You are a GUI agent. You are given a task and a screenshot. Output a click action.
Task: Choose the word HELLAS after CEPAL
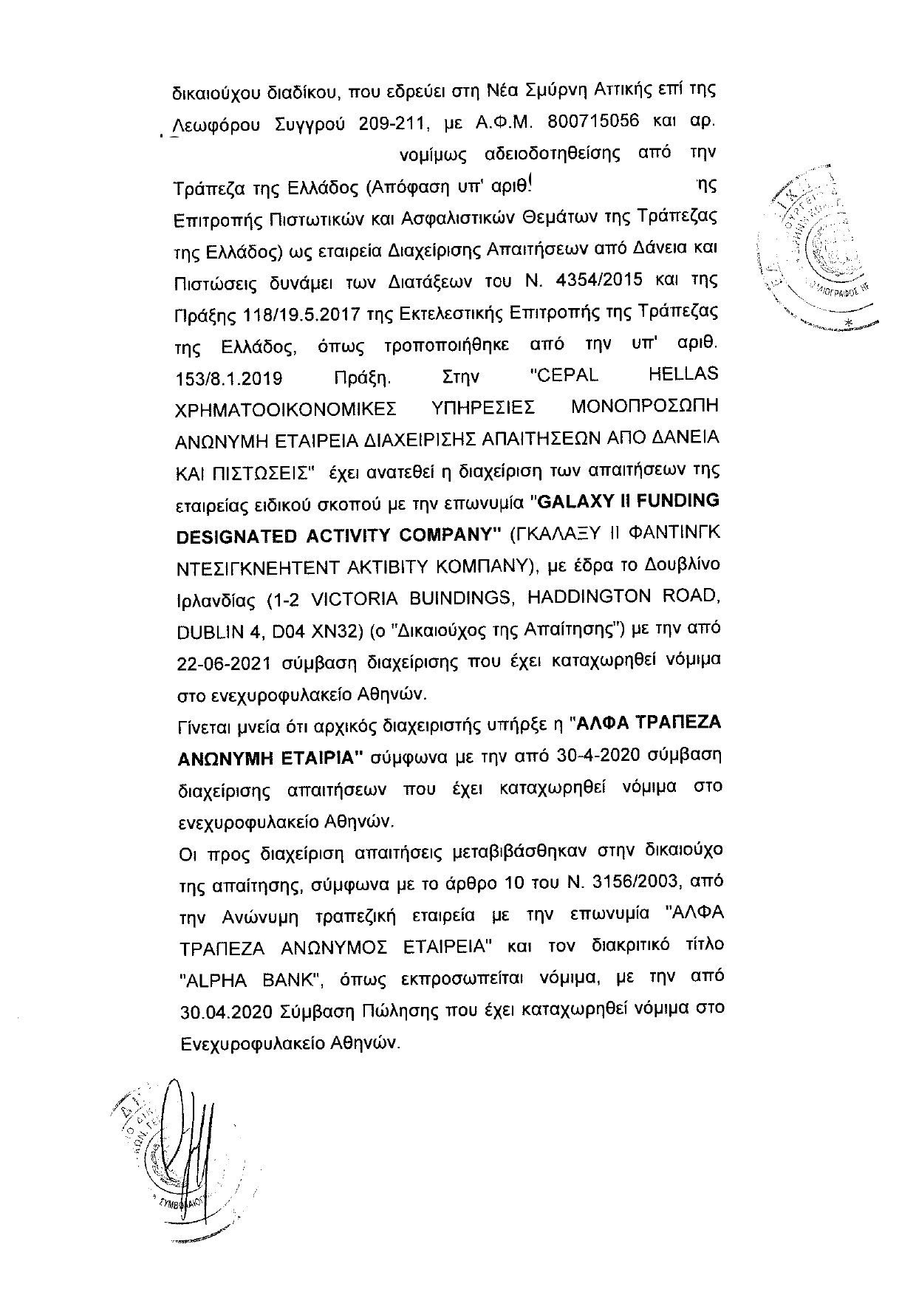click(682, 374)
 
